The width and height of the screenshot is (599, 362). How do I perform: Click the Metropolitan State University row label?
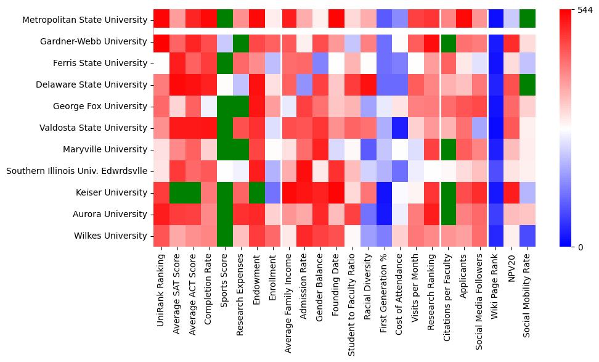click(x=85, y=20)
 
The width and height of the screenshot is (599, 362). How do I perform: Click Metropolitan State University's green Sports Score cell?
click(x=225, y=20)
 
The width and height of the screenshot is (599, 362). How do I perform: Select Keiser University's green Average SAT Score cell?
click(x=177, y=192)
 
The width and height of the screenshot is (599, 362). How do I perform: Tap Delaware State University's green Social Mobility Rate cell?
click(x=528, y=84)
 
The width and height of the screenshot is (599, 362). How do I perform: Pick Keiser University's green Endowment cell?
click(x=257, y=192)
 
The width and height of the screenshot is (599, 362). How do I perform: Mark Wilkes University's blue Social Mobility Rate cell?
click(x=528, y=236)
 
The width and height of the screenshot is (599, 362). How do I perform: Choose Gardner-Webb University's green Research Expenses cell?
click(x=241, y=42)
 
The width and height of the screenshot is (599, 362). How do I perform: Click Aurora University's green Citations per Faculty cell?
click(x=448, y=214)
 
